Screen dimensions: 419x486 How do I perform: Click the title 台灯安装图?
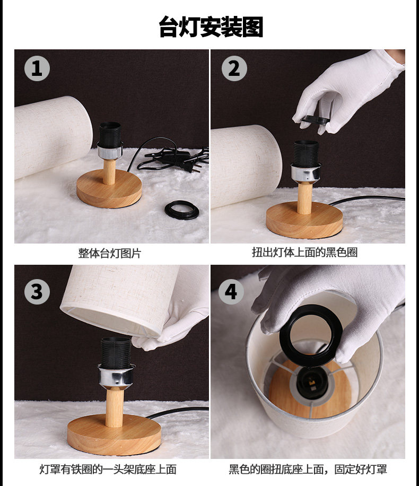click(211, 27)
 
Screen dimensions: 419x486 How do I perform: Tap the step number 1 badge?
click(37, 68)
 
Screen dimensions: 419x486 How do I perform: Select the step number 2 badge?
click(234, 68)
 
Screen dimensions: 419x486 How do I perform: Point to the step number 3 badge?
click(37, 292)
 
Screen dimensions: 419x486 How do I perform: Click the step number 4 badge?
click(231, 292)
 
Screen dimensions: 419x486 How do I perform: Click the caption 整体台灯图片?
click(109, 253)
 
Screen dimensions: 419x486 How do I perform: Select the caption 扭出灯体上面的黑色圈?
click(304, 253)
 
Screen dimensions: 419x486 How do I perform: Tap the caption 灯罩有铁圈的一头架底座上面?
click(108, 469)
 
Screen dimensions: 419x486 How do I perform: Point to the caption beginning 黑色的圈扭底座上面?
click(308, 469)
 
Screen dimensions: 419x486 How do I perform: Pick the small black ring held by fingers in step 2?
click(315, 119)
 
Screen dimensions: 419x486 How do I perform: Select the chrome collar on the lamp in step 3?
click(116, 376)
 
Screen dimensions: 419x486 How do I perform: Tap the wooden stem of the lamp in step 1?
click(109, 172)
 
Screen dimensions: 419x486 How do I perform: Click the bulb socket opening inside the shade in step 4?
click(311, 382)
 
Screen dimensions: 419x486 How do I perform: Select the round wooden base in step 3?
click(114, 435)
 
